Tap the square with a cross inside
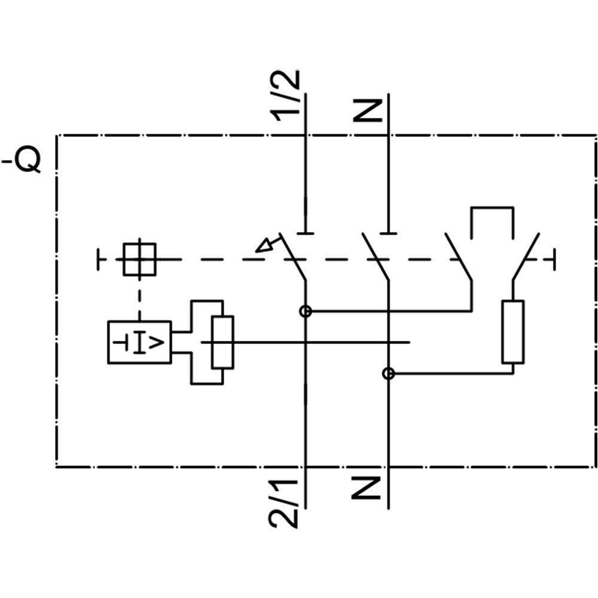pyautogui.click(x=139, y=259)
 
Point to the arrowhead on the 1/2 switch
pyautogui.click(x=263, y=245)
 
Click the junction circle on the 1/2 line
pyautogui.click(x=306, y=311)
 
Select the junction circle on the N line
pyautogui.click(x=389, y=374)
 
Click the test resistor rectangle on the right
pyautogui.click(x=513, y=332)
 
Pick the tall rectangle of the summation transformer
pyautogui.click(x=222, y=342)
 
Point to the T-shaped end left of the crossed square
pyautogui.click(x=99, y=260)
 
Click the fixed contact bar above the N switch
pyautogui.click(x=389, y=232)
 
